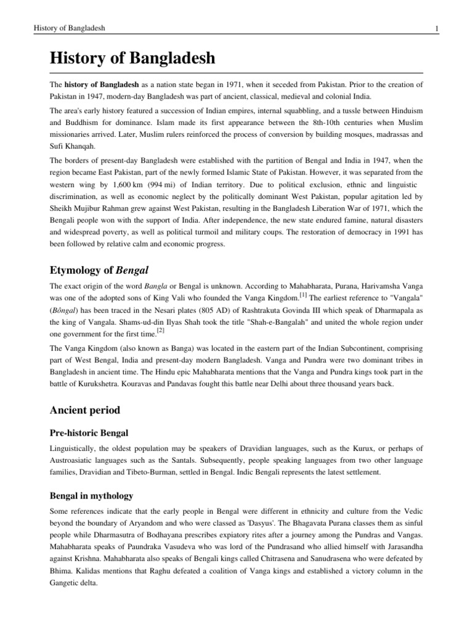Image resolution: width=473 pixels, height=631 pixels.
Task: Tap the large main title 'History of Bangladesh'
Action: [x=132, y=59]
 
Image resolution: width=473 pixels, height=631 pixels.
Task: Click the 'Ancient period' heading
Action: [x=85, y=410]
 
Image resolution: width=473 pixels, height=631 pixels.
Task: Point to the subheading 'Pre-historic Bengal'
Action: [x=88, y=434]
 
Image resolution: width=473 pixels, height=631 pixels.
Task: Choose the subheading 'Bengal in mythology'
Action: [x=90, y=495]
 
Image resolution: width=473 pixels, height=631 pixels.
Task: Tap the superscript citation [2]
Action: [x=161, y=330]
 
